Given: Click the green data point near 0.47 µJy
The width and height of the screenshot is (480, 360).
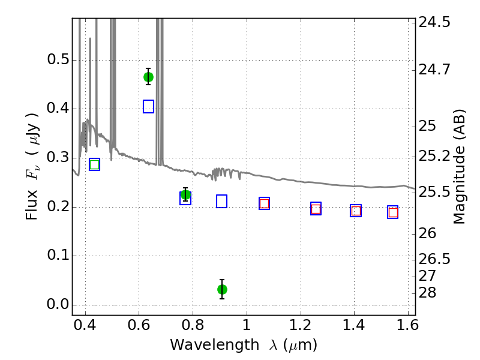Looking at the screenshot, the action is click(x=148, y=77).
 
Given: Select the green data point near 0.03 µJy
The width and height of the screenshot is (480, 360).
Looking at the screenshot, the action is click(x=222, y=289).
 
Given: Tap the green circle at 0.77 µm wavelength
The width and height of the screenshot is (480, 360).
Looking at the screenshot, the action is click(x=185, y=194).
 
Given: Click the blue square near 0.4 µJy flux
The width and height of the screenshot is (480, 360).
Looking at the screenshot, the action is click(x=148, y=107).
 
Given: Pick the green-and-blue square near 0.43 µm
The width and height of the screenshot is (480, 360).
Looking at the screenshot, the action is click(x=95, y=164).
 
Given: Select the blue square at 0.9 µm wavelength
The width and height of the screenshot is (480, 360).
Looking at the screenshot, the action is click(x=221, y=201).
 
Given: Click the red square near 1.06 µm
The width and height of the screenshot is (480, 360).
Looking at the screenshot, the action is click(x=264, y=203).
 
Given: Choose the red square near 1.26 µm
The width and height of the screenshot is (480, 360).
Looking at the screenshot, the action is click(x=316, y=209).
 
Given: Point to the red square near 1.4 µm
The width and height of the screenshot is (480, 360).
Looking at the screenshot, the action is click(x=356, y=211).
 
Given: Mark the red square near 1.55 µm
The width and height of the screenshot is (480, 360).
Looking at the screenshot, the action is click(x=393, y=212).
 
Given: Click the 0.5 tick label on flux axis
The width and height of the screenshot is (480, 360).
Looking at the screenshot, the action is click(x=58, y=59).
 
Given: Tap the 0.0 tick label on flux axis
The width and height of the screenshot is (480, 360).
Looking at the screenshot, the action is click(x=58, y=304).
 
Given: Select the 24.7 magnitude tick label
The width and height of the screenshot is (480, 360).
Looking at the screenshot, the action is click(x=434, y=70).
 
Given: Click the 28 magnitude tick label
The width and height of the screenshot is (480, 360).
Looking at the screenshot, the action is click(x=427, y=293).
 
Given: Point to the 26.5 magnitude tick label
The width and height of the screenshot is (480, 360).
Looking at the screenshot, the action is click(x=434, y=259).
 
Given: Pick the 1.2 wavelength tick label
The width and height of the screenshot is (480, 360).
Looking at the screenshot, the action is click(x=301, y=325).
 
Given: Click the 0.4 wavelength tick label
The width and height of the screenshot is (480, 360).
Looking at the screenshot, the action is click(x=85, y=325).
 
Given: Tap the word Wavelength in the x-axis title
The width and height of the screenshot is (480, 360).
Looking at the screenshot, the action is click(x=215, y=344).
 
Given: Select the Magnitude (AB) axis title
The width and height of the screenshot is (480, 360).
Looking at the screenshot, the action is click(x=459, y=167).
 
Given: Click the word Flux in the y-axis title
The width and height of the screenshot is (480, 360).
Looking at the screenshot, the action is click(x=32, y=205).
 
